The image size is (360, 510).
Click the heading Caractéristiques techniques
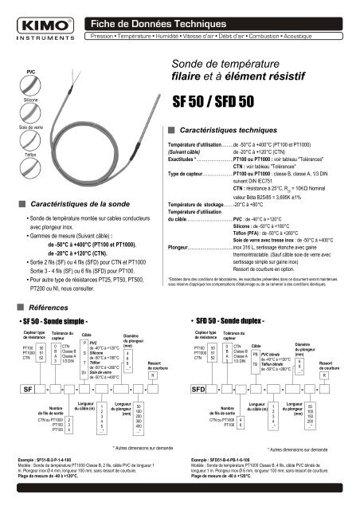pyautogui.click(x=228, y=128)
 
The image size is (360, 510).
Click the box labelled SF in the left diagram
pyautogui.click(x=29, y=391)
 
